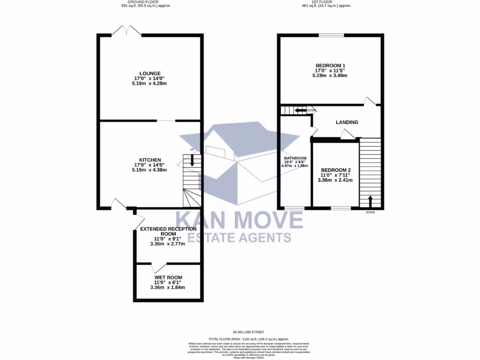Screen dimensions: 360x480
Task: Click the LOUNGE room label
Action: click(150, 73)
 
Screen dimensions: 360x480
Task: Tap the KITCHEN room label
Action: click(150, 160)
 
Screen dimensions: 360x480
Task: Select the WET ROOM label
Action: click(167, 277)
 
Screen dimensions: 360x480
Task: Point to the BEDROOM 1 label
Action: click(330, 65)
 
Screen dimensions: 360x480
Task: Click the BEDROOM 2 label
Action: click(336, 170)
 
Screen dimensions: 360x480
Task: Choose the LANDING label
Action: click(347, 122)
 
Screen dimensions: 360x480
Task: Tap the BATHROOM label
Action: click(294, 158)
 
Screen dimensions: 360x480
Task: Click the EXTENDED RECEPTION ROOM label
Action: click(168, 231)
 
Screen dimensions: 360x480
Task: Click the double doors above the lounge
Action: click(127, 31)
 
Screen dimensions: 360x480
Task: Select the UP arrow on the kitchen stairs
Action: click(192, 161)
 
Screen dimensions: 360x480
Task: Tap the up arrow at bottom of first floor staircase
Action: click(370, 201)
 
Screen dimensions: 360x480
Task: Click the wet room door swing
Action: click(158, 268)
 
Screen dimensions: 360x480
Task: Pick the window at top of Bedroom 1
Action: click(331, 35)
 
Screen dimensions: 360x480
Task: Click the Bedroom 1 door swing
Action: click(370, 100)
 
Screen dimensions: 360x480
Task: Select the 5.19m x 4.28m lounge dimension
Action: click(150, 83)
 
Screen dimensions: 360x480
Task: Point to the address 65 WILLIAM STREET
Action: click(248, 332)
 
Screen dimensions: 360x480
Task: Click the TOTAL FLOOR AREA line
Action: click(248, 338)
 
